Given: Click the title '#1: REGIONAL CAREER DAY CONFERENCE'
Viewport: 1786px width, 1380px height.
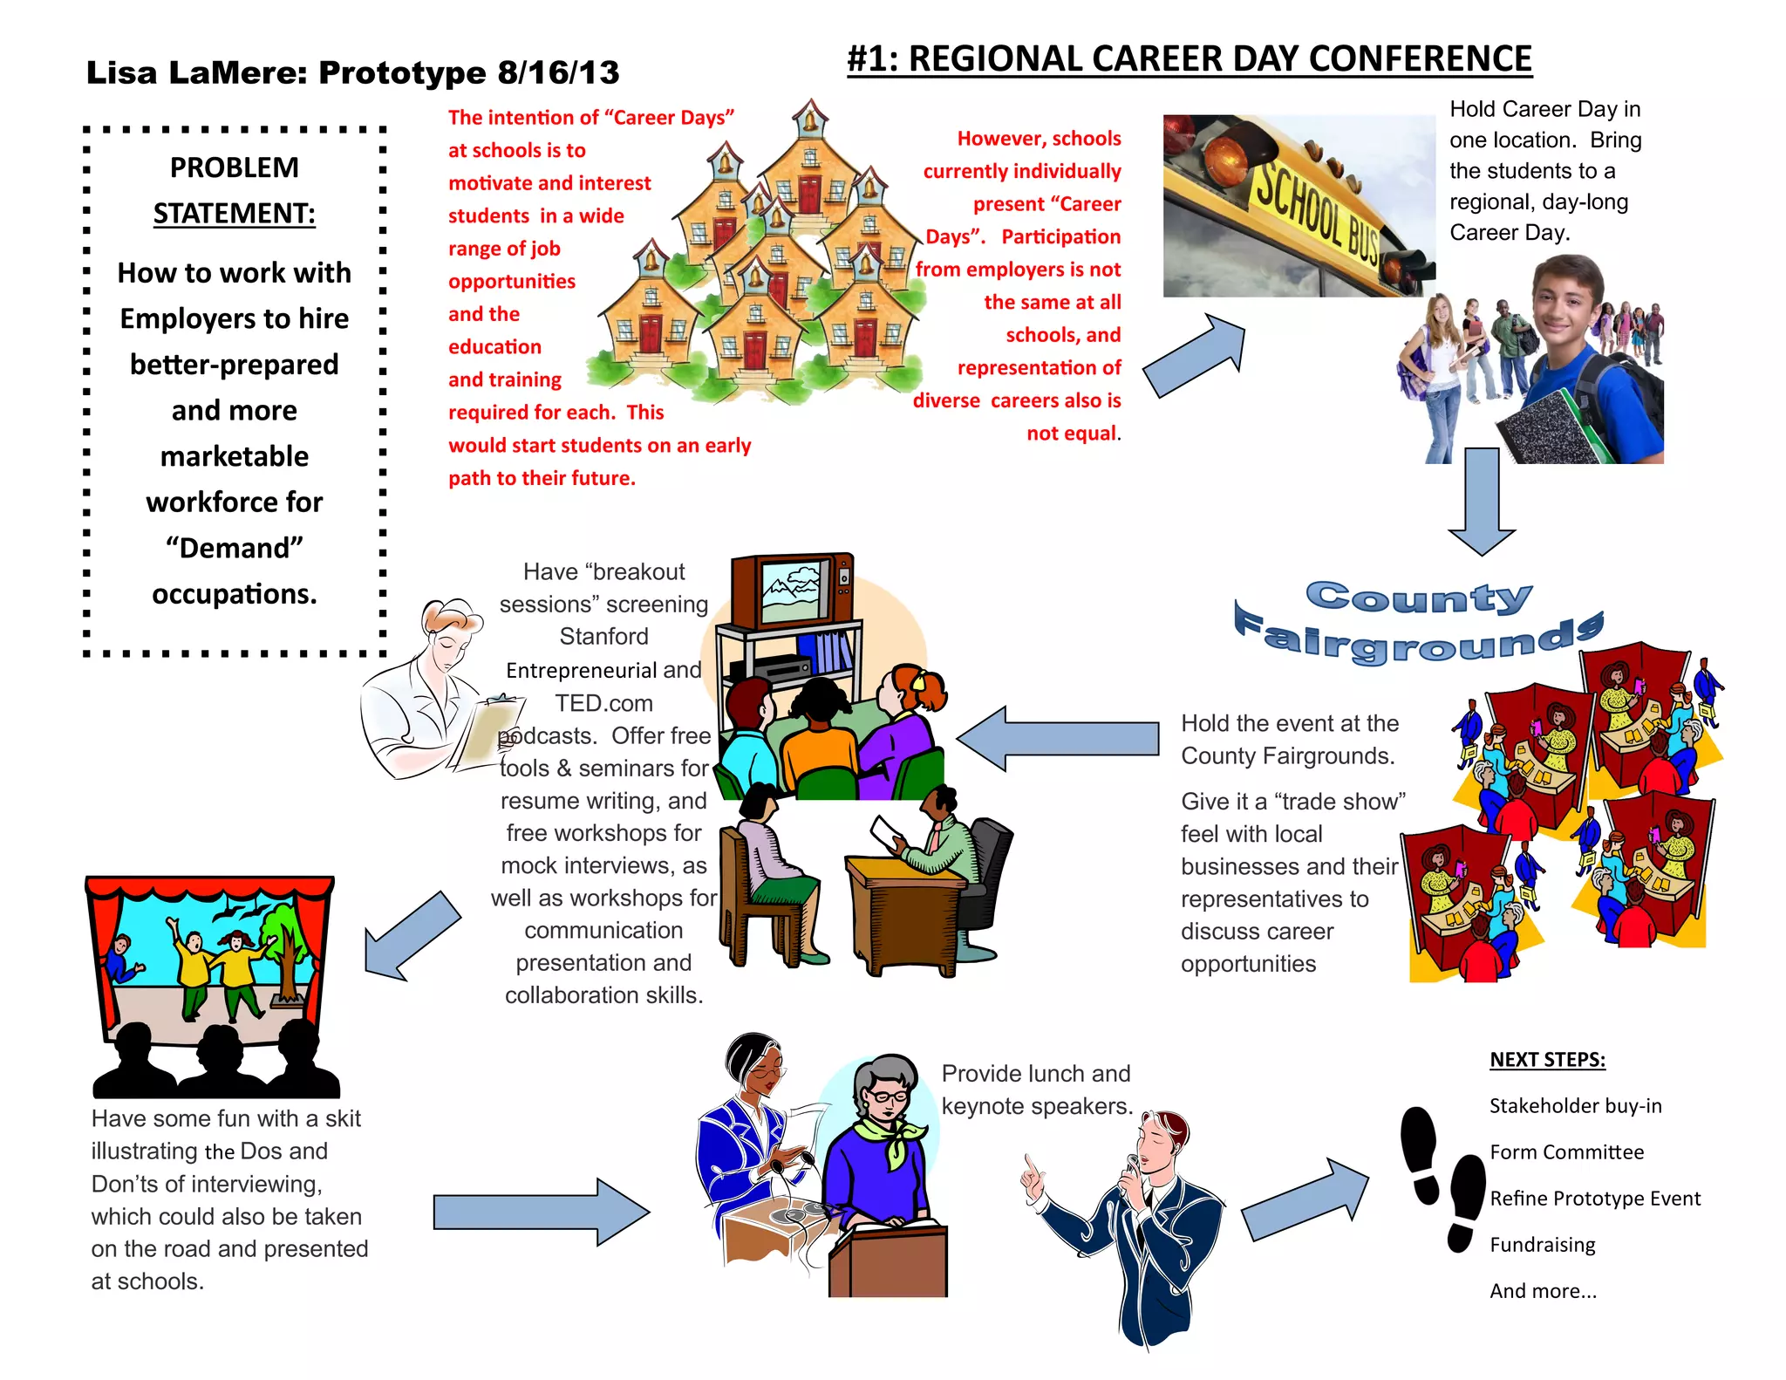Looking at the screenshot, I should (x=1189, y=59).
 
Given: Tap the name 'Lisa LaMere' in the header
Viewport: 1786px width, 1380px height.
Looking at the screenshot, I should (x=195, y=73).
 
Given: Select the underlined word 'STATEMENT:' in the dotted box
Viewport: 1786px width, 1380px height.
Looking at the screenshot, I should (x=234, y=214).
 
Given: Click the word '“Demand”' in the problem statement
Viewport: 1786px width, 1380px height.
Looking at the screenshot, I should (x=234, y=548).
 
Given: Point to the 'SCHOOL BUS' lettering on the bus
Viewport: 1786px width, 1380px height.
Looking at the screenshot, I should (x=1316, y=210).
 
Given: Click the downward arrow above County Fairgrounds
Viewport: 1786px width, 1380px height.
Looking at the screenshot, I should (x=1482, y=501).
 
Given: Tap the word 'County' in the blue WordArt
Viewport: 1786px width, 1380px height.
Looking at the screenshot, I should (x=1418, y=598).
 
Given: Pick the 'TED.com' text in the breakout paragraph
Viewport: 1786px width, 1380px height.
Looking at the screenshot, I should (x=603, y=703).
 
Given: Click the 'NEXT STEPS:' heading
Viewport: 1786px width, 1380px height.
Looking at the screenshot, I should (x=1547, y=1060).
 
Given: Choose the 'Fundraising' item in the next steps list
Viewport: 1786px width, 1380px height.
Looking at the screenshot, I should (x=1542, y=1245).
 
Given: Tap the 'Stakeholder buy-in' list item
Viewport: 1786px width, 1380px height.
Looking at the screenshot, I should (x=1575, y=1106).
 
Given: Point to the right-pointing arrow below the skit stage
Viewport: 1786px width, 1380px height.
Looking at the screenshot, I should (x=541, y=1211).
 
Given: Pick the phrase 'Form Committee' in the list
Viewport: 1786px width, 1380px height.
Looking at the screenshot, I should (x=1566, y=1152).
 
